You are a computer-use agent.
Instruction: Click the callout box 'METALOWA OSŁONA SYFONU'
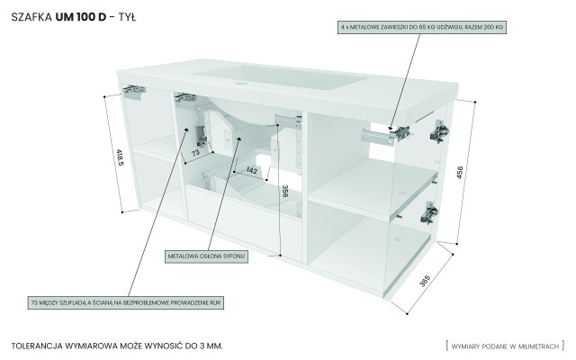206,256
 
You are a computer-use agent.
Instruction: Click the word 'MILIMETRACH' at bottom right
536,345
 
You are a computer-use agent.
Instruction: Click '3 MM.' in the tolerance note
208,345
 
